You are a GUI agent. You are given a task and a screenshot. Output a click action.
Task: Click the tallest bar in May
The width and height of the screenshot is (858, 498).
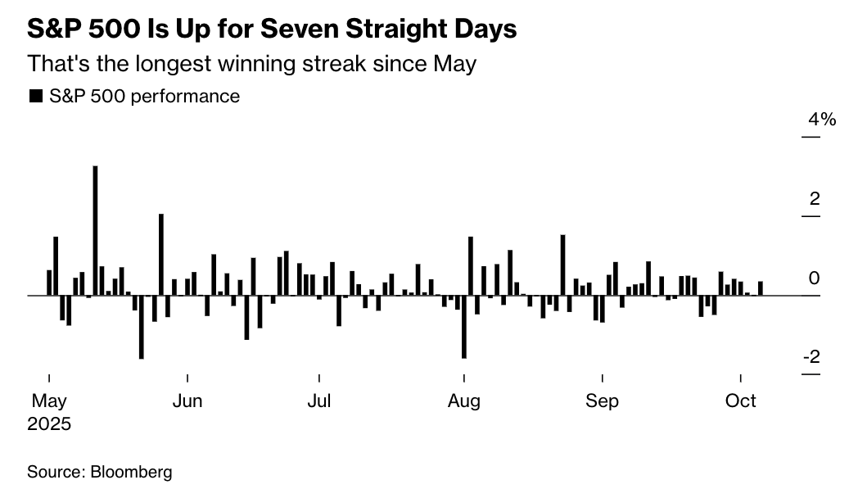pyautogui.click(x=96, y=229)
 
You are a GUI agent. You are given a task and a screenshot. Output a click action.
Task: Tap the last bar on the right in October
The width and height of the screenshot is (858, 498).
pyautogui.click(x=761, y=288)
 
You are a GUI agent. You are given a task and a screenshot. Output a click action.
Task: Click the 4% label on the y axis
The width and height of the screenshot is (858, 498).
pyautogui.click(x=821, y=120)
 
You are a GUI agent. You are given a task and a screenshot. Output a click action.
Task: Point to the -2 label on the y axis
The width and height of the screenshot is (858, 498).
pyautogui.click(x=811, y=358)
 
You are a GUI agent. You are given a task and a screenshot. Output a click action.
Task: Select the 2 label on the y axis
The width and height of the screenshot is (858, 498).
pyautogui.click(x=814, y=199)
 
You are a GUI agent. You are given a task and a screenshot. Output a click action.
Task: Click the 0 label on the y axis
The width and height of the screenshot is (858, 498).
pyautogui.click(x=814, y=278)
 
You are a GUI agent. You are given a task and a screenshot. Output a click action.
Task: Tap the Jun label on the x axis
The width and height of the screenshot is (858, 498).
pyautogui.click(x=187, y=401)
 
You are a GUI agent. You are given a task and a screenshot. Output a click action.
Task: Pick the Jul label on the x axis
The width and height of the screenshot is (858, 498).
pyautogui.click(x=318, y=401)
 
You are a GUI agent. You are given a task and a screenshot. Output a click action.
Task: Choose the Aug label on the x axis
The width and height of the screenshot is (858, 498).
pyautogui.click(x=464, y=401)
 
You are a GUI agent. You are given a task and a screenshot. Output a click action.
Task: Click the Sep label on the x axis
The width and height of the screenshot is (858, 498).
pyautogui.click(x=603, y=401)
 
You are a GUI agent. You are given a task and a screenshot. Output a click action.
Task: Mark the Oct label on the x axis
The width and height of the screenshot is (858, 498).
pyautogui.click(x=741, y=401)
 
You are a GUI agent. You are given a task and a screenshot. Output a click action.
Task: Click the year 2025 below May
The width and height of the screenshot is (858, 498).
pyautogui.click(x=49, y=424)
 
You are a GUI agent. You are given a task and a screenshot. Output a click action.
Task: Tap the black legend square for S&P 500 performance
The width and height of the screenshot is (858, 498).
pyautogui.click(x=35, y=97)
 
